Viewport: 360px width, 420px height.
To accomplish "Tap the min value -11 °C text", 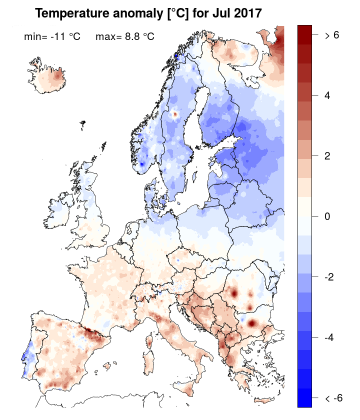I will pos(52,36).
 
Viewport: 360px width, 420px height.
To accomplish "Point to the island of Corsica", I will pos(149,338).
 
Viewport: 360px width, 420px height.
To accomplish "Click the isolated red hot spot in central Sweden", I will pos(175,114).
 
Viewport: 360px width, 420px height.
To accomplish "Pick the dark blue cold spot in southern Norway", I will pos(141,163).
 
